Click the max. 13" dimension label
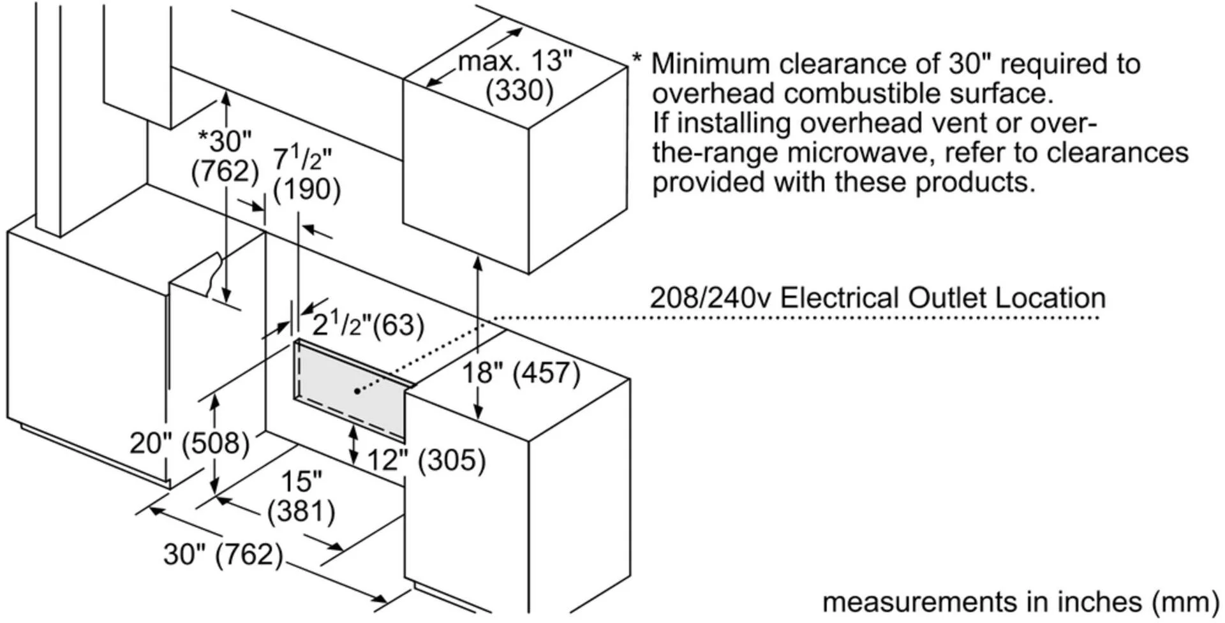point(515,62)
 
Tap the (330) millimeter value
point(519,91)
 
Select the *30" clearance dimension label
point(225,141)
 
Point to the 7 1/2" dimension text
point(302,159)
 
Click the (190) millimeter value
point(306,189)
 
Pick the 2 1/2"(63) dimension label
point(368,325)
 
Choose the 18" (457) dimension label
point(521,373)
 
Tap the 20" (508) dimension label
point(189,443)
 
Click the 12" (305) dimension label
point(426,460)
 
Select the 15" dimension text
point(301,482)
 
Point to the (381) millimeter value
point(301,511)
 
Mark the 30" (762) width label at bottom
point(223,554)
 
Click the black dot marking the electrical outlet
point(357,391)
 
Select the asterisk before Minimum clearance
point(637,59)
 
